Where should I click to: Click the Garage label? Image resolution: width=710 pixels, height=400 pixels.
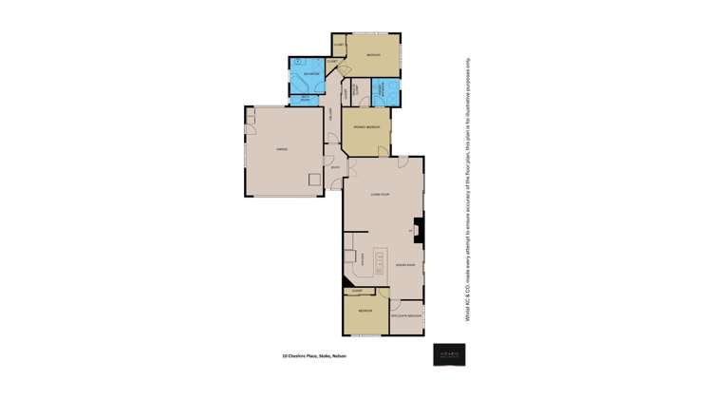point(282,149)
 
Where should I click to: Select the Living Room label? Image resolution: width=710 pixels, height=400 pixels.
point(381,194)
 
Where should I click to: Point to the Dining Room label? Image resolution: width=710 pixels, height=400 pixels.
point(405,265)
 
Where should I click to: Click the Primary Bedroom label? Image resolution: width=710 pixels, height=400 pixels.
point(366,126)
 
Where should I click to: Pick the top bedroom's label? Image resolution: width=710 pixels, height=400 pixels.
point(373,55)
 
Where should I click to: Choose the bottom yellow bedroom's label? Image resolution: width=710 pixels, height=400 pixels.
point(365,312)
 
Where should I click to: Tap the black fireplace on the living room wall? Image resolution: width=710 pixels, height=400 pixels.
point(419,230)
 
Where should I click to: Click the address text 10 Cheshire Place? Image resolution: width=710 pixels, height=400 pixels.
point(314,356)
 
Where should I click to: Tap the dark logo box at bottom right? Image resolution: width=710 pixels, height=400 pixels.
point(449,354)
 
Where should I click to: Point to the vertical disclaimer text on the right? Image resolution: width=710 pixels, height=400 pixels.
point(467,190)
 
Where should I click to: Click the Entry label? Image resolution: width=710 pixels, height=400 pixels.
point(335,169)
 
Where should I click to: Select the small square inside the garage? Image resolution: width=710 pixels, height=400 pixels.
point(315,179)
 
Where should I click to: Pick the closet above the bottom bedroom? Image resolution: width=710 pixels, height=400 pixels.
point(358,291)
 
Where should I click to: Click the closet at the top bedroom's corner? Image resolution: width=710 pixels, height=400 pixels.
point(339,44)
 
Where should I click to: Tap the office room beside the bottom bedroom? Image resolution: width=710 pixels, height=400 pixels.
point(406,314)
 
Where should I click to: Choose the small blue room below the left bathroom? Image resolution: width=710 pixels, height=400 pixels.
point(307,97)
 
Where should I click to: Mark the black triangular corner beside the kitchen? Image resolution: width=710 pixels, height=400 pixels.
point(346,281)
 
